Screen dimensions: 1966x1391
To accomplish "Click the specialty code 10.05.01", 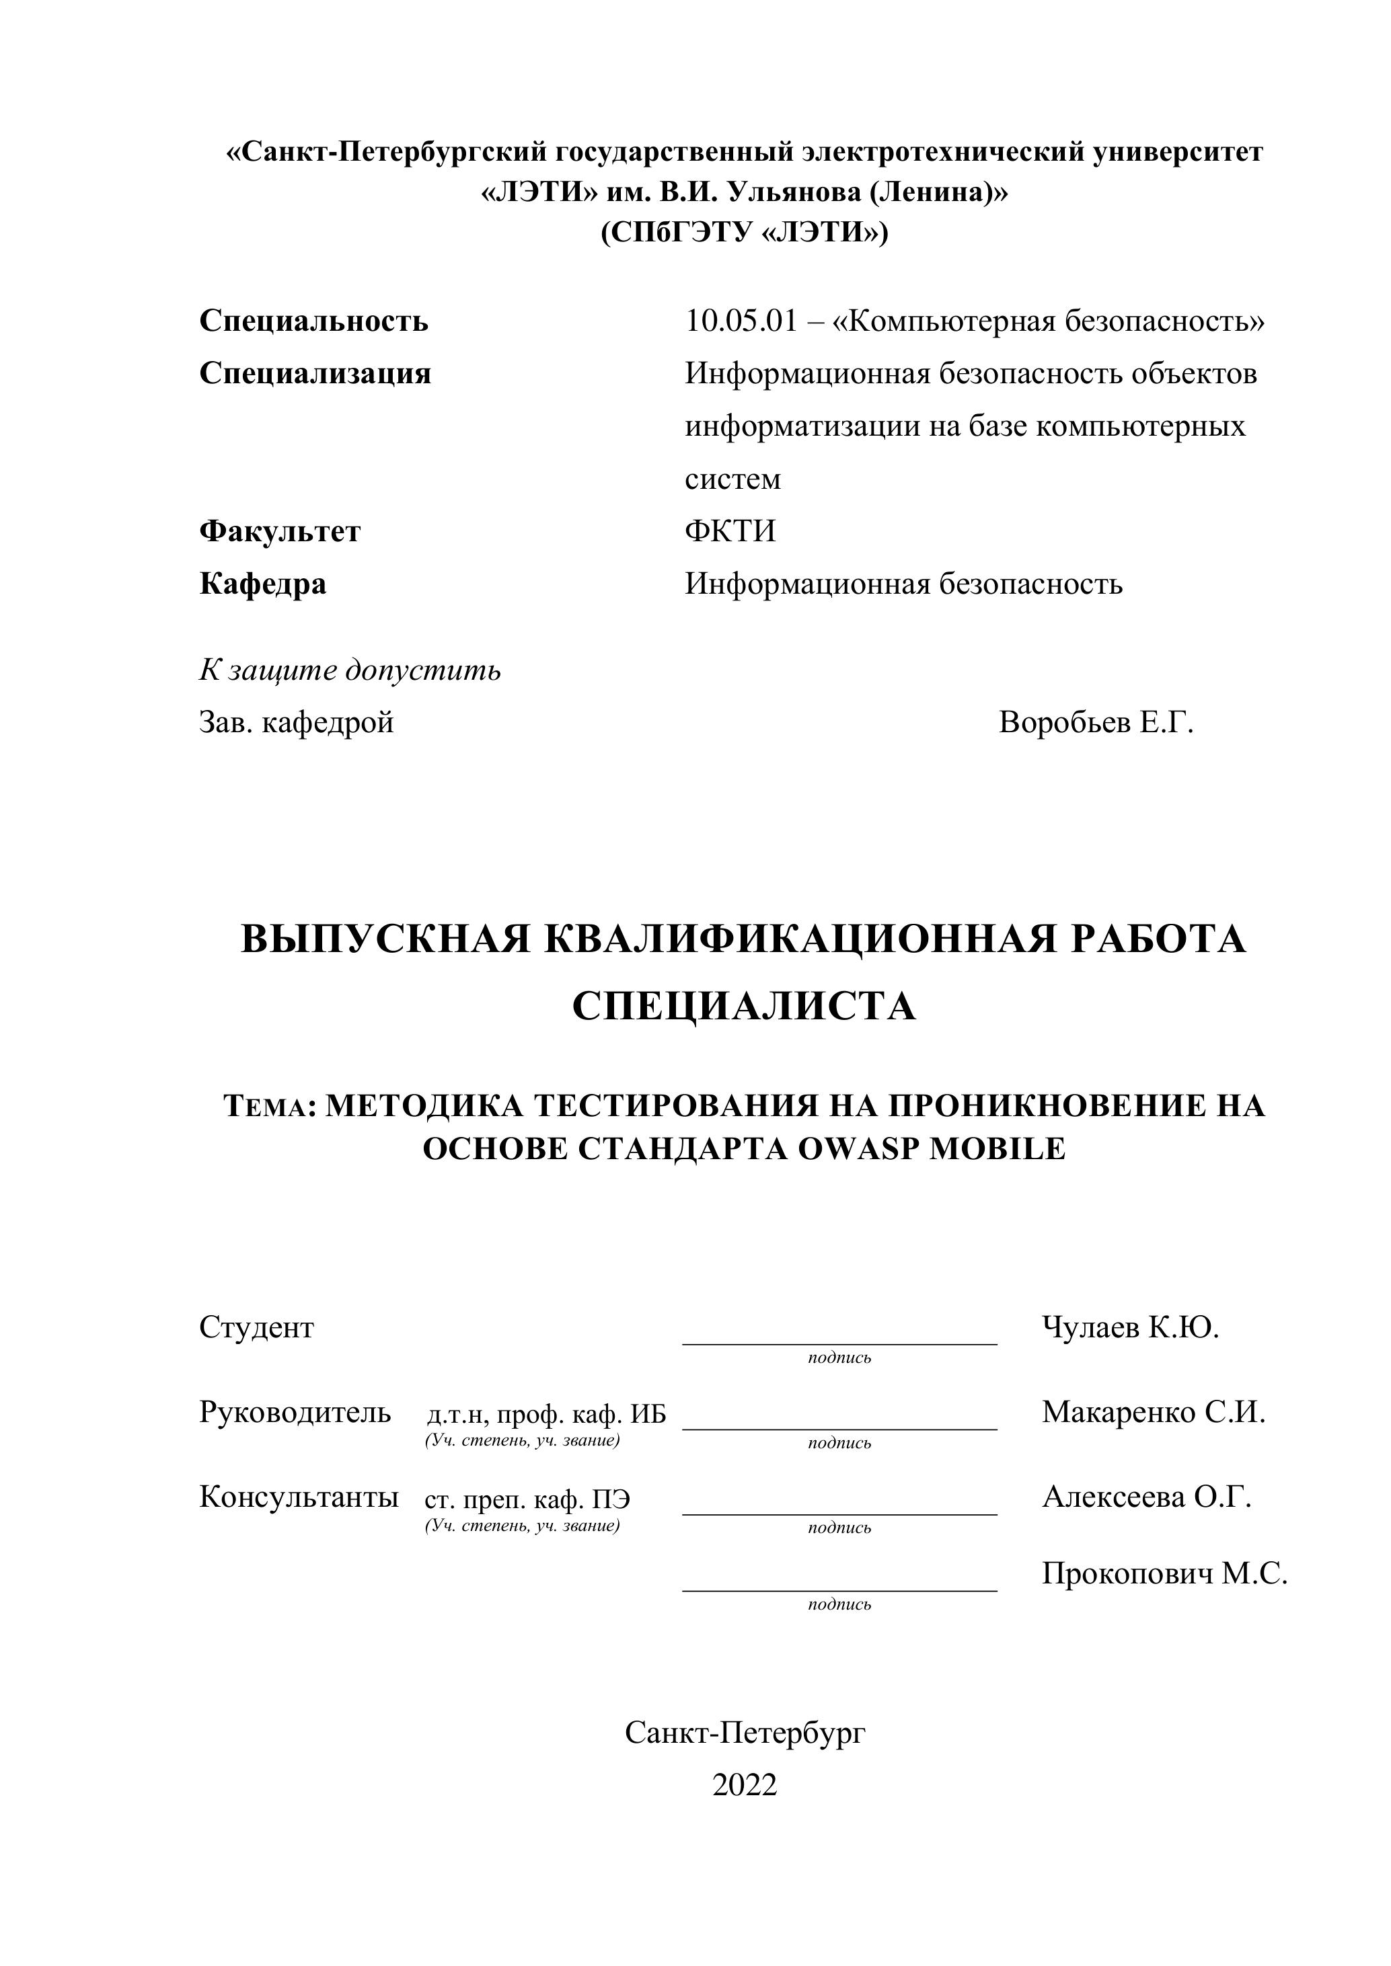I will point(741,321).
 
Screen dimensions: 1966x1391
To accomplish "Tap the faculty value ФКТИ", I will point(730,532).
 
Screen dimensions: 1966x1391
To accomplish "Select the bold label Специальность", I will point(313,321).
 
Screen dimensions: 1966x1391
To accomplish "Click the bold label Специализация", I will point(315,373).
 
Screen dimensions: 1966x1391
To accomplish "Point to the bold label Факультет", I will point(280,532).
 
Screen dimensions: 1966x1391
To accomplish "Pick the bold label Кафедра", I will point(263,584).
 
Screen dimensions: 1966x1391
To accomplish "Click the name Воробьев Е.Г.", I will point(1096,723).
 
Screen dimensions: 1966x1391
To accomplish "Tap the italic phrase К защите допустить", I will point(350,670).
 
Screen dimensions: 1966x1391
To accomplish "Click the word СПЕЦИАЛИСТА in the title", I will point(743,1006).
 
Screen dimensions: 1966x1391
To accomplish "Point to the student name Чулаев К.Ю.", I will point(1130,1327).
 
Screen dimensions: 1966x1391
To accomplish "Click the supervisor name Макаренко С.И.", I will point(1153,1412).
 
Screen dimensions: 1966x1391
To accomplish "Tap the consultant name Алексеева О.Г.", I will point(1146,1497).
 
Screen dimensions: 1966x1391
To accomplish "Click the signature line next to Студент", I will point(839,1343).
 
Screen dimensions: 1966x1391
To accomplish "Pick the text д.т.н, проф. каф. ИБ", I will point(546,1415).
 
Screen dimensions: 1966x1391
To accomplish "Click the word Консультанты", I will point(299,1497).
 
